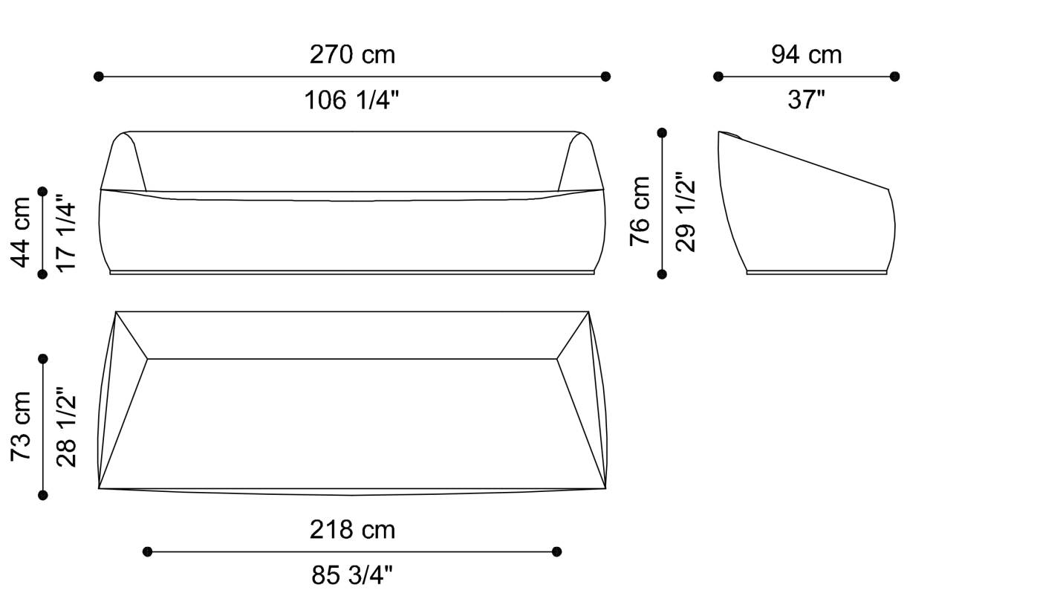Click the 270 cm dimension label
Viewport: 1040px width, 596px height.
(352, 55)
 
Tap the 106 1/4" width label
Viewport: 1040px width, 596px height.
(351, 100)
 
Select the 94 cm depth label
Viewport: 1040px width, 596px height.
(807, 55)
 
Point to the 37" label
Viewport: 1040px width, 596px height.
(807, 100)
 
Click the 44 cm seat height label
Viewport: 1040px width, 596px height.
(21, 233)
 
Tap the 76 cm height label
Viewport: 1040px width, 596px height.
(640, 211)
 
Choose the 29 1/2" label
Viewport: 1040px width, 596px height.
(685, 212)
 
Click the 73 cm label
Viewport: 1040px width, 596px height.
(21, 427)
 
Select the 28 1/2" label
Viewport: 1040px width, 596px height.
(66, 427)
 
